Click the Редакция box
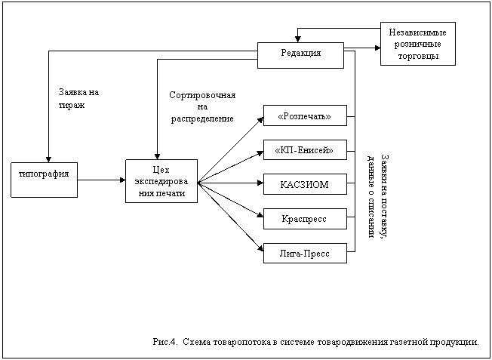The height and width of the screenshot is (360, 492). coord(301,54)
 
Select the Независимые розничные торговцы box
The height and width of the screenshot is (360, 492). coord(417,45)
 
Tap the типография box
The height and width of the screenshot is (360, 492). coord(44,179)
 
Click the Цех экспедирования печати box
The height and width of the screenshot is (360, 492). coord(161,181)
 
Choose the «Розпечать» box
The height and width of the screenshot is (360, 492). coord(305,116)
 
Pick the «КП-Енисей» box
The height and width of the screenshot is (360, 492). coord(305,150)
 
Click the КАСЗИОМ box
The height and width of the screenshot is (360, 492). coord(305,184)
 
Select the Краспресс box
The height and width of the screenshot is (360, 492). coord(305,218)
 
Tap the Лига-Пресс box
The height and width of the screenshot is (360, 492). coord(305,252)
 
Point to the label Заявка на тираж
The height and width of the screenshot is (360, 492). coord(78,99)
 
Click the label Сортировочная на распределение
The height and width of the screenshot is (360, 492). coord(202,106)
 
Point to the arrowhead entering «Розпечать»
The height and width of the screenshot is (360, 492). coord(260,118)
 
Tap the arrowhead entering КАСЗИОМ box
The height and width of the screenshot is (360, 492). coord(260,183)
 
